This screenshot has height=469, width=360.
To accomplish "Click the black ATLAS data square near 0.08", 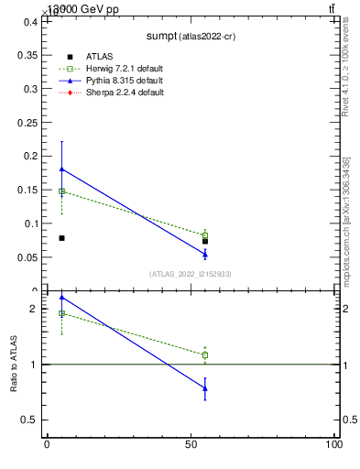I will (61, 238).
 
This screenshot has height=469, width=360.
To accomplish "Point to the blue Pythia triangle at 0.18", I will (61, 169).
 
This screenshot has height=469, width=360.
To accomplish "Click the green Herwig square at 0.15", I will (61, 191).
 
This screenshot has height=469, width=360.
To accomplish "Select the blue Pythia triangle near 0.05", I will (205, 255).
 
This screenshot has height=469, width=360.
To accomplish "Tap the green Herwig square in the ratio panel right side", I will (205, 354).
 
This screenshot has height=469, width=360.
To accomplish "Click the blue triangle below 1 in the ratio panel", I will (205, 388).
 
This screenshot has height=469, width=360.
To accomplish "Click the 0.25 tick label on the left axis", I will (27, 123).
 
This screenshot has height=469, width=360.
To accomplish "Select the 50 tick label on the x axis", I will (191, 444).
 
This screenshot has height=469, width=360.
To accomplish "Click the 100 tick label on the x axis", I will (334, 444).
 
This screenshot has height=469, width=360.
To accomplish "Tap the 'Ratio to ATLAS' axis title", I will (14, 365).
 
